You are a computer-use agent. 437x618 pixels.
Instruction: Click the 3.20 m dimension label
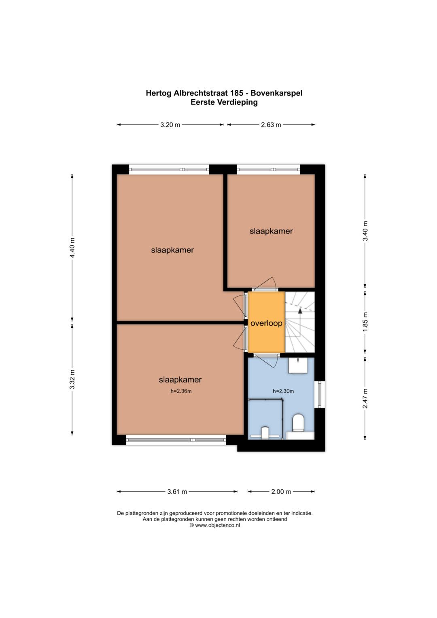click(x=170, y=125)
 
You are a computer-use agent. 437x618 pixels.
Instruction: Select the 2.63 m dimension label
click(x=271, y=125)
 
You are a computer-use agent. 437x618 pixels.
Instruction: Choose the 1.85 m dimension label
click(x=365, y=322)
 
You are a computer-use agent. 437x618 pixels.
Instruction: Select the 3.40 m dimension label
click(x=365, y=231)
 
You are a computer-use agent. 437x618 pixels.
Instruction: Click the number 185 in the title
click(x=236, y=93)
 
